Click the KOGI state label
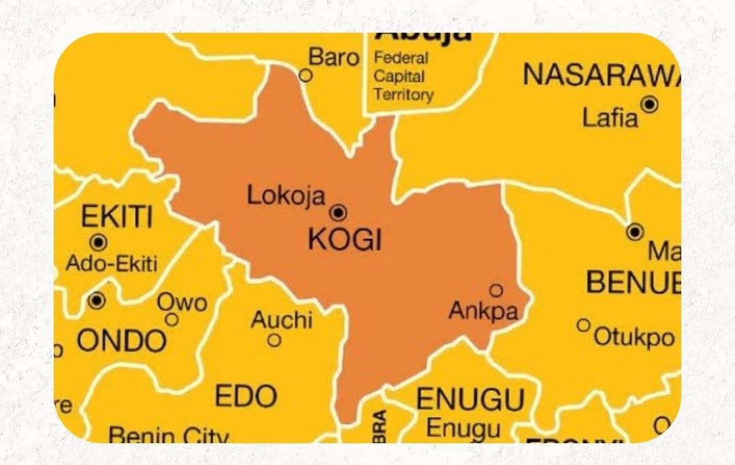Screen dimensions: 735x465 [345, 240]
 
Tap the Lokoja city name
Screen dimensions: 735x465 [286, 195]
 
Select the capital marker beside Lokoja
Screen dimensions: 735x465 [338, 213]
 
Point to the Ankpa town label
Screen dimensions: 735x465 [483, 312]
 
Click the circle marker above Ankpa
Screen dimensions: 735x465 [496, 291]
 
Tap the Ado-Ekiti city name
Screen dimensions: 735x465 [111, 263]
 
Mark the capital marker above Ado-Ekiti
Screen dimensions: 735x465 [99, 242]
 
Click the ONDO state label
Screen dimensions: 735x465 [121, 340]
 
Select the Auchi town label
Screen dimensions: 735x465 [282, 319]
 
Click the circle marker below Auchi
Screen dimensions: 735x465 [274, 340]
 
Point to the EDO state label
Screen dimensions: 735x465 [246, 396]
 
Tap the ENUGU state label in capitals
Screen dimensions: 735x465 [470, 400]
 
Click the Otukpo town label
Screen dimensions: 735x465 [634, 336]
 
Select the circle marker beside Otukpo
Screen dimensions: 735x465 [583, 325]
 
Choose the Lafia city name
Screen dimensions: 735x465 [610, 118]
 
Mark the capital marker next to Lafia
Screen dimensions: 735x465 [650, 104]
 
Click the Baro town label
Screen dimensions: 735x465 [333, 57]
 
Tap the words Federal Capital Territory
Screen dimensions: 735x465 [403, 76]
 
